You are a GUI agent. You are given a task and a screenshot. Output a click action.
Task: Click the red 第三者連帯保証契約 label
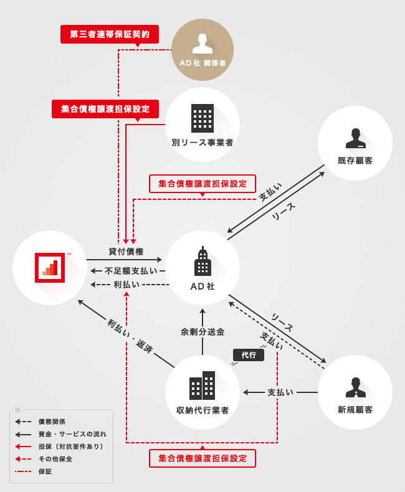(110, 34)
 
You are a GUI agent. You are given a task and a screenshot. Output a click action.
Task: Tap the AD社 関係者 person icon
(202, 44)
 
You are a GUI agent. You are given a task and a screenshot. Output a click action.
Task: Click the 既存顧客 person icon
(355, 138)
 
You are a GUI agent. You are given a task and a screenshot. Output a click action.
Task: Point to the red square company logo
(50, 268)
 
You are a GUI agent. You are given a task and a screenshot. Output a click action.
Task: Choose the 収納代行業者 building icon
(202, 386)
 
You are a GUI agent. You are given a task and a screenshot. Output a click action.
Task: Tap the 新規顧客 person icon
(355, 387)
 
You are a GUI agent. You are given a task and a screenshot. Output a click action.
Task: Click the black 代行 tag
(249, 355)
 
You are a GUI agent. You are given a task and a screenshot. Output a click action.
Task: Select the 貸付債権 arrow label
(126, 252)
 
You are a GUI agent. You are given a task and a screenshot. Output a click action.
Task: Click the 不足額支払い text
(131, 271)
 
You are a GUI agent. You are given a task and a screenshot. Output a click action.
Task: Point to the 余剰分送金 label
(202, 332)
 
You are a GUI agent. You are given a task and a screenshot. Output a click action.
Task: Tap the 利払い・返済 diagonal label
(130, 336)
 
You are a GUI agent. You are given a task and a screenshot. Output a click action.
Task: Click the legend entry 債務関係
(52, 422)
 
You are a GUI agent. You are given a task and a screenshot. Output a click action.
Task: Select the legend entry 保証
(45, 471)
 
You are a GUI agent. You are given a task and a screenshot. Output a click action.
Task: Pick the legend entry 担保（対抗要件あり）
(70, 447)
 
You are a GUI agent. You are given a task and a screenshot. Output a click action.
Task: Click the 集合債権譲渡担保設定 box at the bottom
(202, 458)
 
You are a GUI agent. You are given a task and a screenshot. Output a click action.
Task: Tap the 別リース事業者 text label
(202, 143)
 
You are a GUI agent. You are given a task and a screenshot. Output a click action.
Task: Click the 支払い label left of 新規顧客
(280, 392)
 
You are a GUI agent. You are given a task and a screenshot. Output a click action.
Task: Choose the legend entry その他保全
(55, 459)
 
